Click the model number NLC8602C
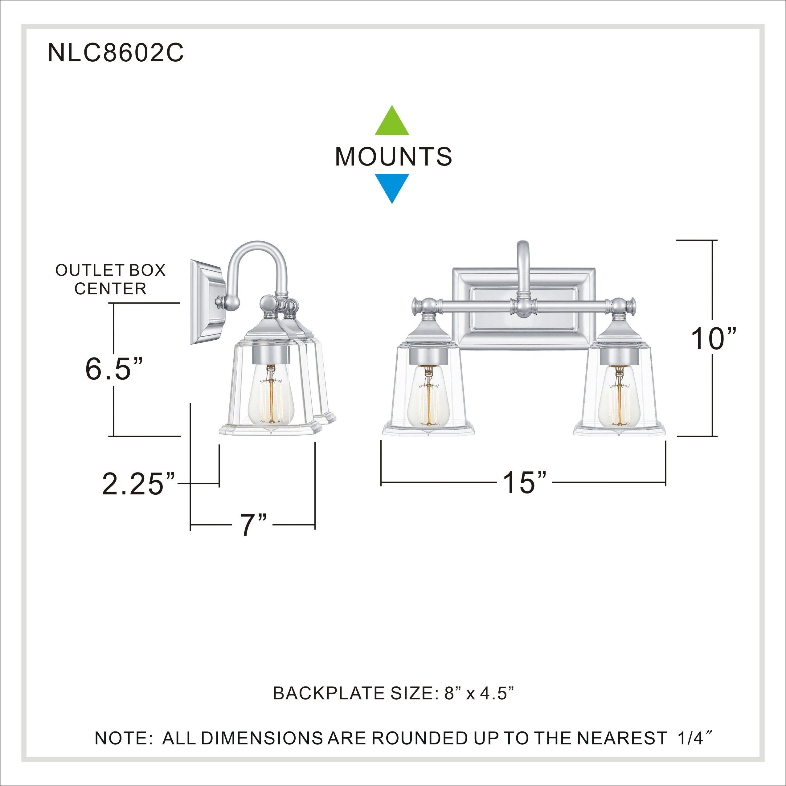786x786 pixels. pyautogui.click(x=116, y=53)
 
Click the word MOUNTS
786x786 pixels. pyautogui.click(x=393, y=157)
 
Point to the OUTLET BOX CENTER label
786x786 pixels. pyautogui.click(x=110, y=280)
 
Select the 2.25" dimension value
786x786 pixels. pyautogui.click(x=138, y=485)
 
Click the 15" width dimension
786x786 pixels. pyautogui.click(x=524, y=483)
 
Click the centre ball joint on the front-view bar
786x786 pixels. pyautogui.click(x=522, y=305)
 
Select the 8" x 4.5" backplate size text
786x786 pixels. pyautogui.click(x=480, y=693)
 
